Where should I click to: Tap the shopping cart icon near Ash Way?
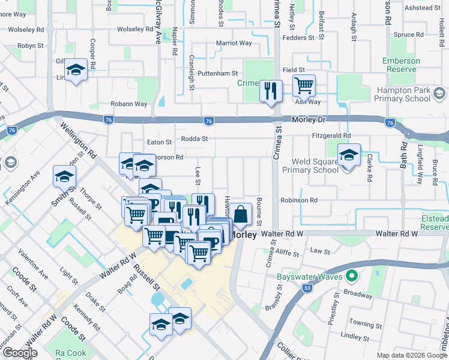click(304, 86)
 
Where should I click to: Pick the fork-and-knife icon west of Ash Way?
click(271, 91)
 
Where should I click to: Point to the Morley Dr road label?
click(308, 120)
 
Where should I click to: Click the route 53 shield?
click(307, 289)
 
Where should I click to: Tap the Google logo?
click(20, 353)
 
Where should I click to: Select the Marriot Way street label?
click(234, 43)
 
